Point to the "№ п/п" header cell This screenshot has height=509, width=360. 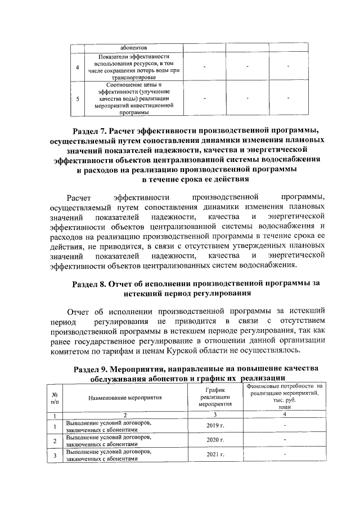click(x=55, y=397)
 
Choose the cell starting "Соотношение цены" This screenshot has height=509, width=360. click(x=133, y=98)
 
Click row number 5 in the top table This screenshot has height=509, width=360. click(x=77, y=98)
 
